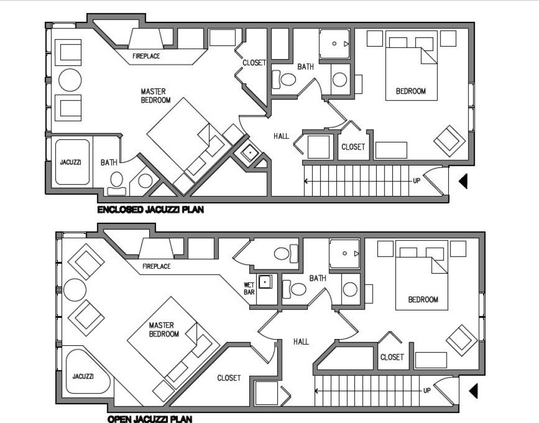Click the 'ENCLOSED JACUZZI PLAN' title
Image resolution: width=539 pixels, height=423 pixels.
click(x=151, y=209)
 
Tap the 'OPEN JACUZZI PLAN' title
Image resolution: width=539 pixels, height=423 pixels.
click(x=150, y=419)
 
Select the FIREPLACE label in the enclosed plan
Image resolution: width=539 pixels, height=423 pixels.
click(x=146, y=56)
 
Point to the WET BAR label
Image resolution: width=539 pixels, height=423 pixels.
click(x=249, y=289)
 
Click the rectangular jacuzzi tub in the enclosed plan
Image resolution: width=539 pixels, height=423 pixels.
click(x=73, y=162)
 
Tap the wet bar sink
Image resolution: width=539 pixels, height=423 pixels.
click(x=265, y=282)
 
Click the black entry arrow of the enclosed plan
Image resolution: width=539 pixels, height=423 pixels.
click(x=463, y=181)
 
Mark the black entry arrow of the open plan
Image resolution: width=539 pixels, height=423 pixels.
click(x=474, y=391)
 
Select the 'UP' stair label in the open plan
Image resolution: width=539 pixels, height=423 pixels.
click(x=427, y=391)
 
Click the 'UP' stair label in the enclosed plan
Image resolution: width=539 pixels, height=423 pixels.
click(x=416, y=180)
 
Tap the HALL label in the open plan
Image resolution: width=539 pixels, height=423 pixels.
click(x=301, y=342)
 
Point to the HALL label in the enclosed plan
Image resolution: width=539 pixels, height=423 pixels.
click(x=281, y=136)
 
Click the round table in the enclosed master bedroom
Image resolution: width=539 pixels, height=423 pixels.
click(x=70, y=80)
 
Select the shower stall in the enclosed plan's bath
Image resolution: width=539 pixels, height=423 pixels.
click(x=335, y=44)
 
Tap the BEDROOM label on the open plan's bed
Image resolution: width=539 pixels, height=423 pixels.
click(x=423, y=300)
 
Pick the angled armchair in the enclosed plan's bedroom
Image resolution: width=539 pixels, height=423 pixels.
click(x=449, y=141)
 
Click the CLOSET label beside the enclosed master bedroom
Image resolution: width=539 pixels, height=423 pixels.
click(x=254, y=63)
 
